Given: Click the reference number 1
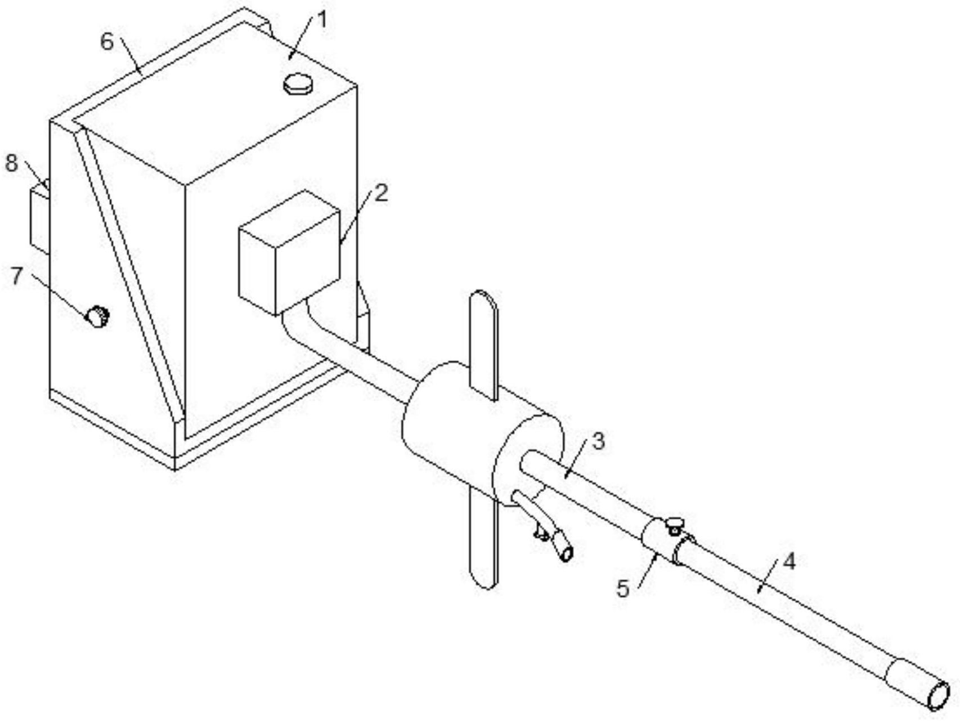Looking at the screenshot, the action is coord(321,20).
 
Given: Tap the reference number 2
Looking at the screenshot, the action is coord(381,194).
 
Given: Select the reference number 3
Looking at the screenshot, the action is coord(599,441).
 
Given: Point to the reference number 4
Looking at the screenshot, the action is coord(789,561).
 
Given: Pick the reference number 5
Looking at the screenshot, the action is coord(623,589).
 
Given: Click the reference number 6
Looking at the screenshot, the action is coord(107,42).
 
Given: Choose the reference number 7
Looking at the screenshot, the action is coord(17,276).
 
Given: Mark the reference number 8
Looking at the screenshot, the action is coord(12,163).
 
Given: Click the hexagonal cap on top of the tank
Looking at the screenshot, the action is coord(298,84).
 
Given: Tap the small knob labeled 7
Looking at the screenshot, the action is coord(97,316).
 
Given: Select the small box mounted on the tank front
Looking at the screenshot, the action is coord(289,252).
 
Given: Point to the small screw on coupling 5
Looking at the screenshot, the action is coord(674,525).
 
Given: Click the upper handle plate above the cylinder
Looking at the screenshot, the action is coord(484,345).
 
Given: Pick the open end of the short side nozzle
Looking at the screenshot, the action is coord(567,554).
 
